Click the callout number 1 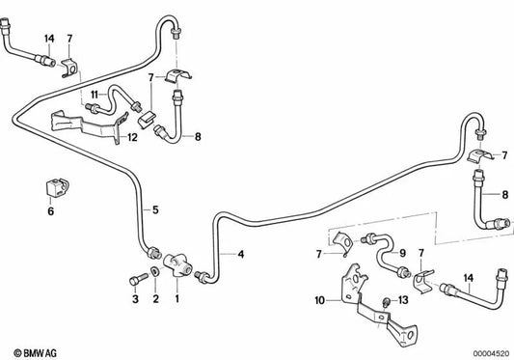click(176, 300)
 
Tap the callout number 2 click(155, 300)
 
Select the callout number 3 click(135, 300)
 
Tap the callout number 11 click(96, 93)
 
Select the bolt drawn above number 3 click(134, 280)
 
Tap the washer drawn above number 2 click(155, 280)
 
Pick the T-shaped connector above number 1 click(178, 265)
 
